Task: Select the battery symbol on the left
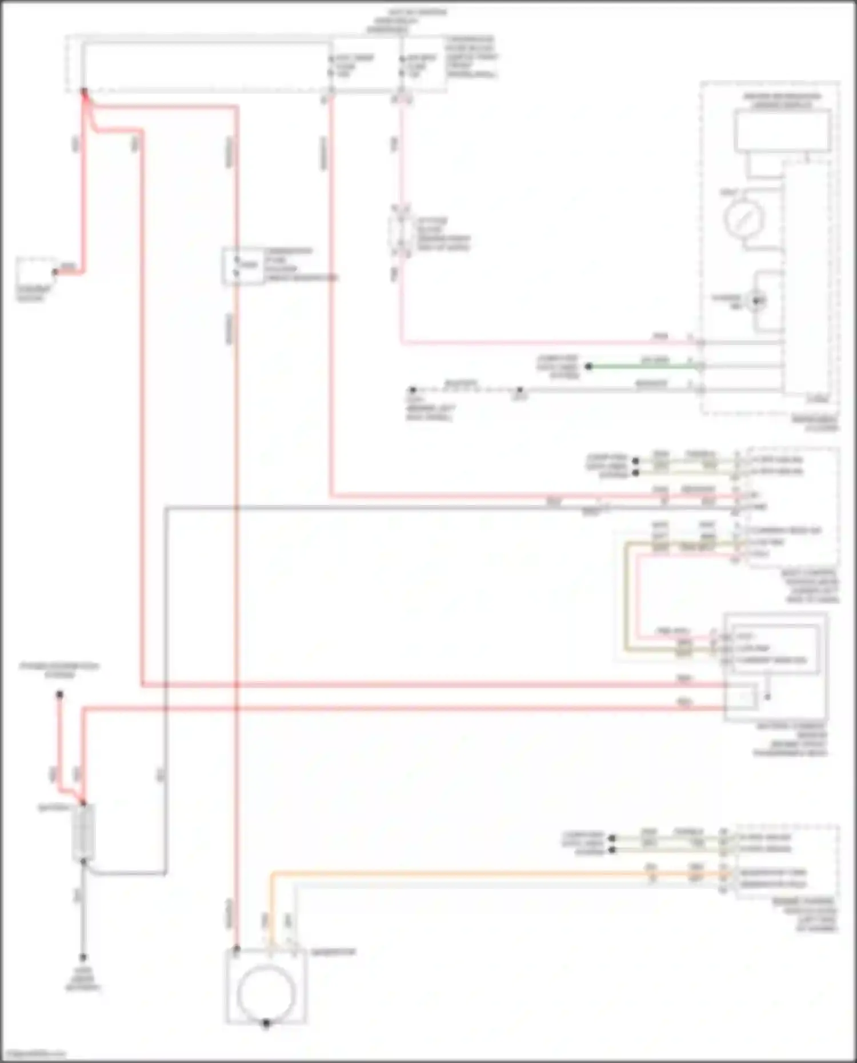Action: click(x=83, y=832)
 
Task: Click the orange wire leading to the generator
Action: click(x=457, y=873)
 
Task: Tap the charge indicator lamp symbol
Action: click(x=758, y=300)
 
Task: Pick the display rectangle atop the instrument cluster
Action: click(x=782, y=131)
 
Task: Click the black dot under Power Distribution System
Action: click(x=59, y=695)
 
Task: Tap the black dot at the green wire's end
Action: click(x=588, y=366)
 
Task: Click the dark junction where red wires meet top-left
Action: click(x=84, y=91)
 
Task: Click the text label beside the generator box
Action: click(x=334, y=952)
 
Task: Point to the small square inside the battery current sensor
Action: click(x=743, y=697)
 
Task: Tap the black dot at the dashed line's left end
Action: click(x=412, y=390)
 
